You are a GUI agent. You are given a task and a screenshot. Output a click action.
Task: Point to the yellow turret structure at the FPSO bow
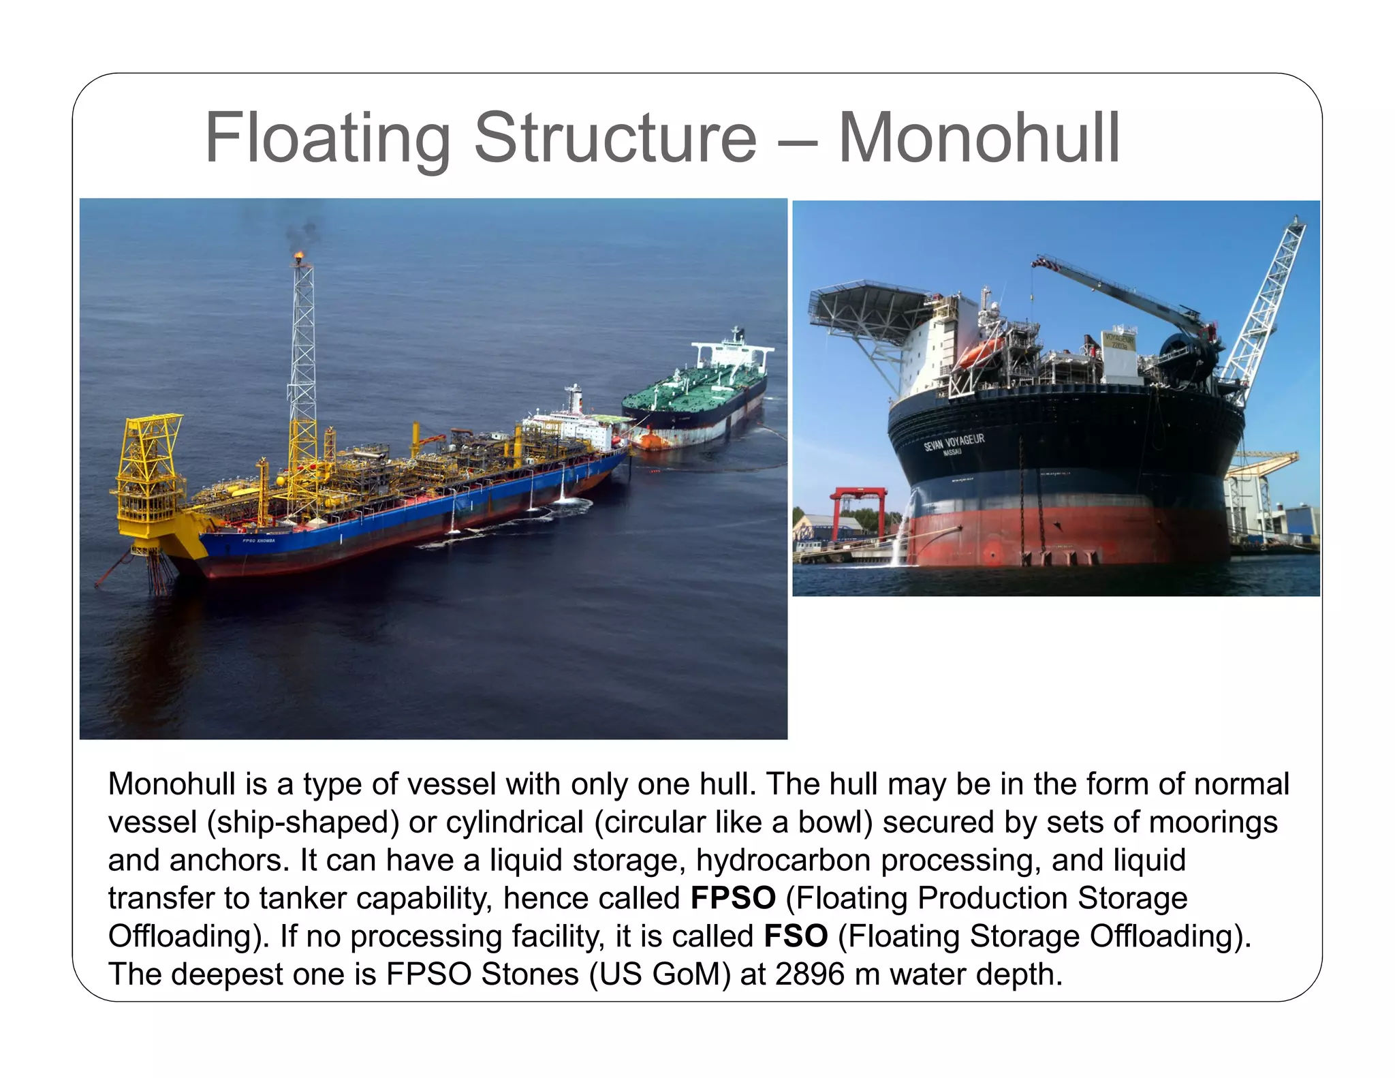click(148, 477)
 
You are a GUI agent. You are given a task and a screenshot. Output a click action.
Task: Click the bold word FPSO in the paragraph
click(733, 898)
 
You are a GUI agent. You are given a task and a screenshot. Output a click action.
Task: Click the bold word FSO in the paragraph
click(796, 936)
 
